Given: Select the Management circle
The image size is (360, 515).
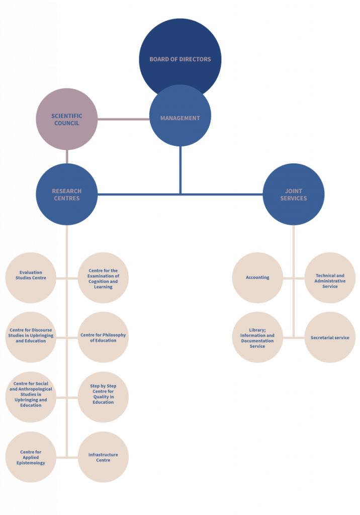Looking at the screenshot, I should pyautogui.click(x=180, y=118).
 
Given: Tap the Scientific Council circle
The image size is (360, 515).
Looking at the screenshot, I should pyautogui.click(x=66, y=119).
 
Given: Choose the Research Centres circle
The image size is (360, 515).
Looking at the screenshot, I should pyautogui.click(x=66, y=194).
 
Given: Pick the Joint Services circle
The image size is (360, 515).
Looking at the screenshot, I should pyautogui.click(x=293, y=194).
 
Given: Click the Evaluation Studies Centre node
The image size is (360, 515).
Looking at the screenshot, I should pyautogui.click(x=31, y=278).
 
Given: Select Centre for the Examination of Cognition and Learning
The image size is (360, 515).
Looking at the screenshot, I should pyautogui.click(x=103, y=278).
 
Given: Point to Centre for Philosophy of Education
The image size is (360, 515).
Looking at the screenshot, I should pyautogui.click(x=103, y=337).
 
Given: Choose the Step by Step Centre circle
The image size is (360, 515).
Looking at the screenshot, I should pyautogui.click(x=103, y=397).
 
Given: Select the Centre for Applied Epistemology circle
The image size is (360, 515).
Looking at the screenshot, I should pyautogui.click(x=31, y=457).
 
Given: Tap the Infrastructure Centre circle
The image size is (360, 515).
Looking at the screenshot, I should pyautogui.click(x=103, y=457).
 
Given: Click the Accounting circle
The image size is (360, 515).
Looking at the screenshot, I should pyautogui.click(x=257, y=278).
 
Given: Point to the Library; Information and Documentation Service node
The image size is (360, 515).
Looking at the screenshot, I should pyautogui.click(x=257, y=337).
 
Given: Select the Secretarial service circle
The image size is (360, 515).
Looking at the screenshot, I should pyautogui.click(x=330, y=337).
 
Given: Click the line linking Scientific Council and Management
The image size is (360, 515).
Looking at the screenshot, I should pyautogui.click(x=123, y=119).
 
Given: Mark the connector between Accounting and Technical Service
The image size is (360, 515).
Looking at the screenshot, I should pyautogui.click(x=294, y=278).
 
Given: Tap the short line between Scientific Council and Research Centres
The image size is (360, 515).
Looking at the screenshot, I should pyautogui.click(x=66, y=156).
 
